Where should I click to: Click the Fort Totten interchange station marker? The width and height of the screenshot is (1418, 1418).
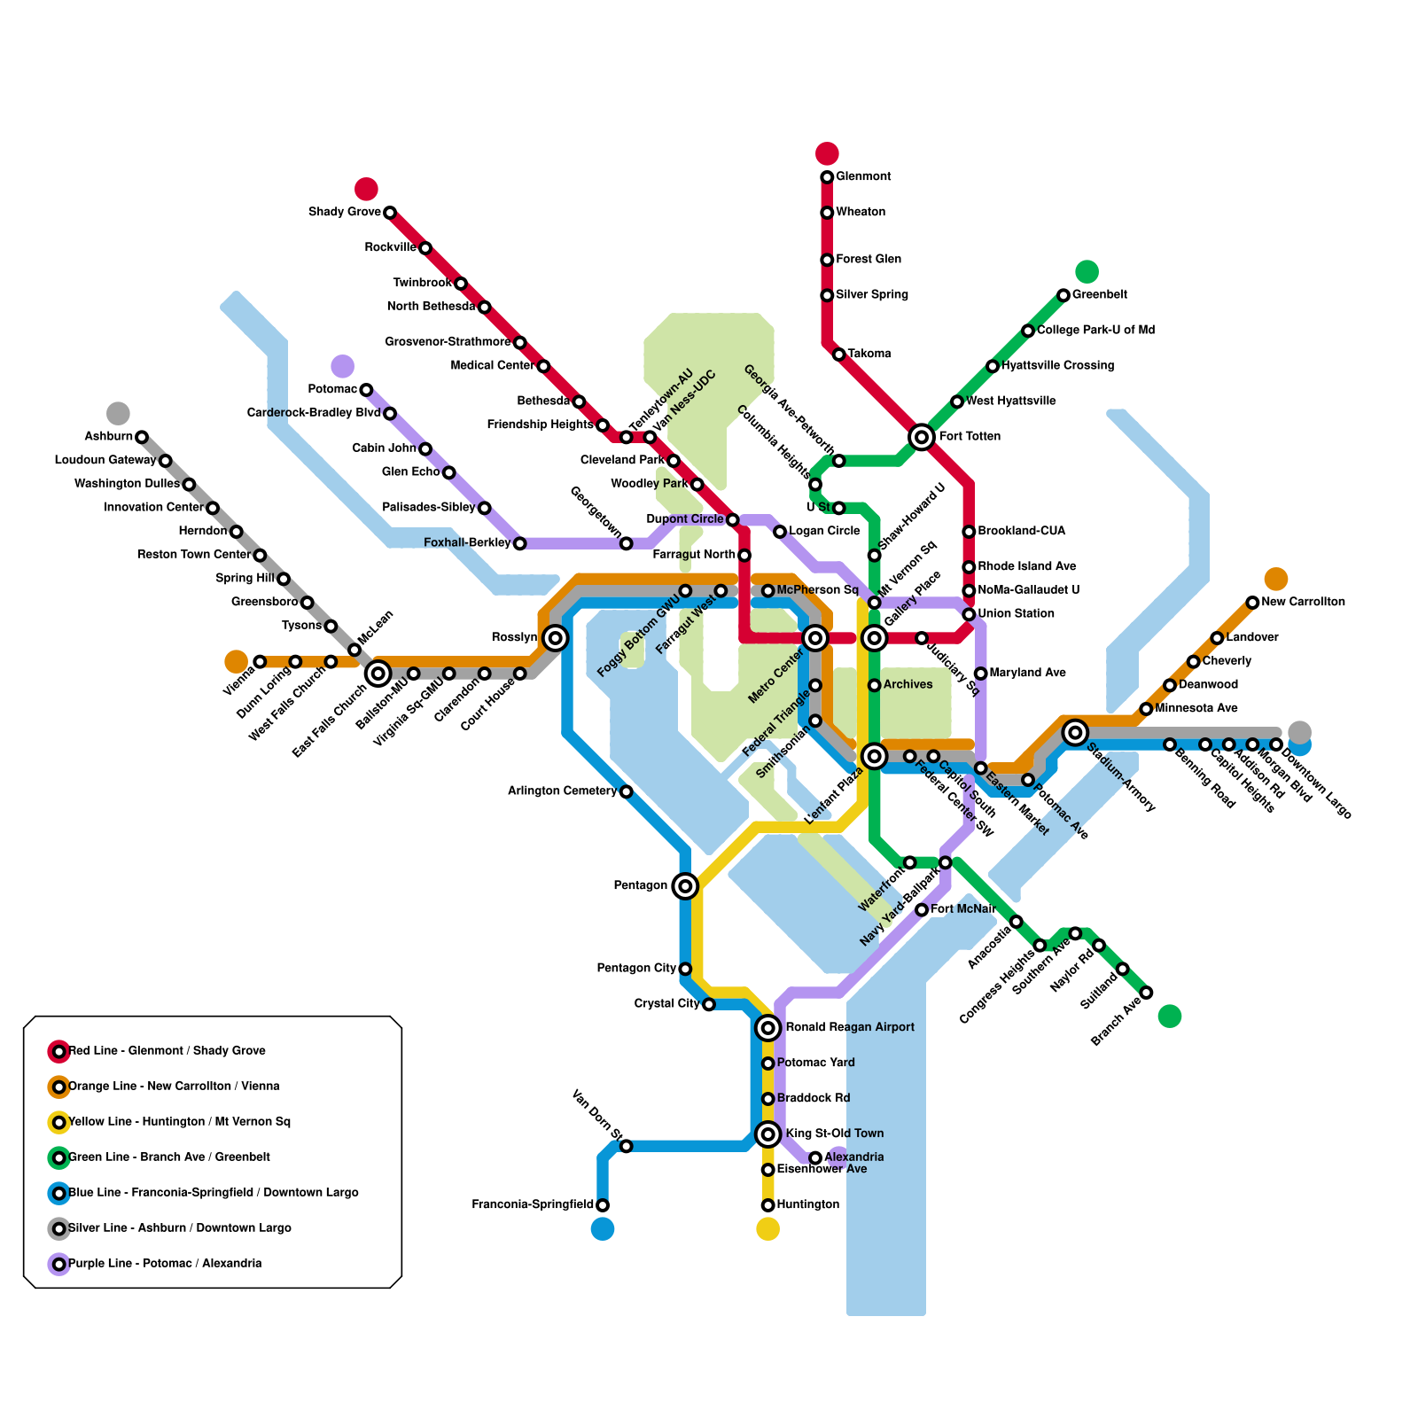922,436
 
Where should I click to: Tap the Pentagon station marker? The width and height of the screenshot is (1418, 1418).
685,885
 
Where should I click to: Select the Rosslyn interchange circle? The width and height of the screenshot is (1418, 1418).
556,637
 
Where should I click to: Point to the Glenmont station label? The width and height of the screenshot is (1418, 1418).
863,176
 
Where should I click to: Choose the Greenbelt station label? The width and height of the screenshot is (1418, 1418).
1099,294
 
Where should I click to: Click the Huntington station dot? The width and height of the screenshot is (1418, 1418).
768,1205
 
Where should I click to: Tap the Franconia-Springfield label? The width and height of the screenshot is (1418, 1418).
533,1204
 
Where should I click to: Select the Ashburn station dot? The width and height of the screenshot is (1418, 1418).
142,437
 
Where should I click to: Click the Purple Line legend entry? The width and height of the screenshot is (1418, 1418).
165,1264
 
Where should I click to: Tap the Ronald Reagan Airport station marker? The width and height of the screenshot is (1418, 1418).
768,1028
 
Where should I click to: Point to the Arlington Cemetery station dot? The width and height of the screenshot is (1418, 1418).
627,791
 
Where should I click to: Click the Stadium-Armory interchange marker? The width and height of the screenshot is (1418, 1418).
1076,732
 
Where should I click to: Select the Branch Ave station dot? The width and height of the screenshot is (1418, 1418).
1146,993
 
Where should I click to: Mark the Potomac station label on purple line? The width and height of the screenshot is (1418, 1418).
332,389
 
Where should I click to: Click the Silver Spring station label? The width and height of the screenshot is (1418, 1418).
872,294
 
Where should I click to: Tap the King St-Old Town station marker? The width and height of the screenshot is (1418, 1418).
768,1134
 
